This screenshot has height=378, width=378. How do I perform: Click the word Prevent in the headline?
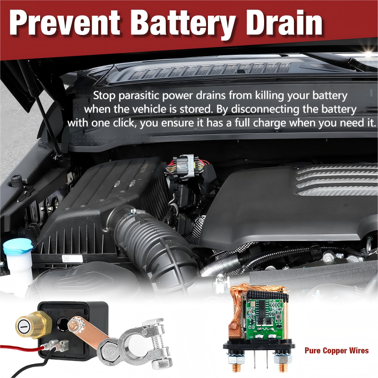coord(65,23)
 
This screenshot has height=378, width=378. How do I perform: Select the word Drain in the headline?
coord(284,23)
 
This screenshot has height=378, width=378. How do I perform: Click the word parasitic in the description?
coord(139,96)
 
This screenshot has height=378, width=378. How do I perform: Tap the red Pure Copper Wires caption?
coord(336,351)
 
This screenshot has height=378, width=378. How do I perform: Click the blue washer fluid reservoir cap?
coord(17,246)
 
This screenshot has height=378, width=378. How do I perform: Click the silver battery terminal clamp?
coord(142,342)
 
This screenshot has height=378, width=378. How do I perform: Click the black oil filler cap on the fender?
coord(17,181)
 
